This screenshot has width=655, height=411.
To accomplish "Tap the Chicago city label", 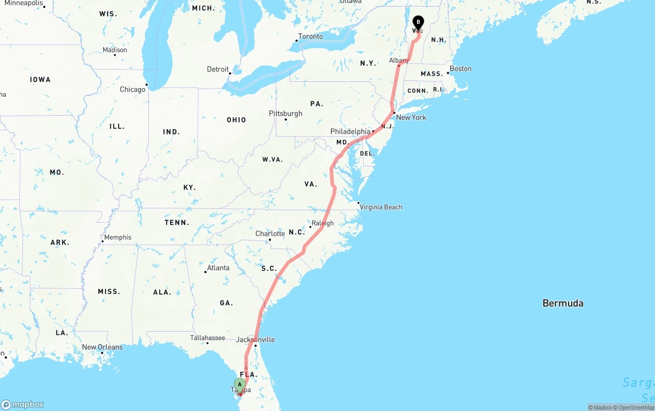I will pos(133,90).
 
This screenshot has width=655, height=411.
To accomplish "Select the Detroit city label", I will pos(217,69).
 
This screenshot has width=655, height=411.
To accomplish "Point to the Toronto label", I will pos(310,36).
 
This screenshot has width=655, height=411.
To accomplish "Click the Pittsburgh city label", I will pos(286,113).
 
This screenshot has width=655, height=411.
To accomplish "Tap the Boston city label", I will pos(461,69).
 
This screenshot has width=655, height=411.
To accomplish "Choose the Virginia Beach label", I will pos(381,207).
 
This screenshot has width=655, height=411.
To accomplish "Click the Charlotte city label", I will pos(270,234).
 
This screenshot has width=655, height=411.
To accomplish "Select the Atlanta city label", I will pos(218,268).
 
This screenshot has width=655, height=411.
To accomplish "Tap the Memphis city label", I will pos(118,237).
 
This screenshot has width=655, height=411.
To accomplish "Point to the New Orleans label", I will pos(102,347).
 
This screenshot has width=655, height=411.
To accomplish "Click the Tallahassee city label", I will pos(207,338).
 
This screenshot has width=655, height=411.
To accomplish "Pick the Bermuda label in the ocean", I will pos(563,304).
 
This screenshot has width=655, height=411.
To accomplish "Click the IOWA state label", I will pos(40,80).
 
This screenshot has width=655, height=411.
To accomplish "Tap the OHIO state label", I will pos(236,120).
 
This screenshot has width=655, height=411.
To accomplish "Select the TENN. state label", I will pos(177,223).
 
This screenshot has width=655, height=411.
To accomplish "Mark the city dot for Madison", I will pos(115,55).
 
